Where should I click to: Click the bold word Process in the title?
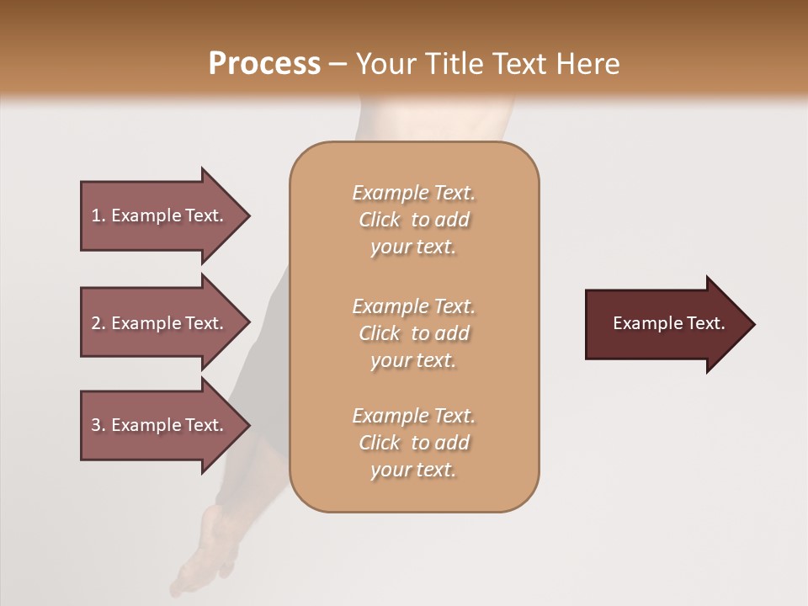click(264, 64)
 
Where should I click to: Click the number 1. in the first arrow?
click(98, 215)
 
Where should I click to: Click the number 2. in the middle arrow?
click(98, 323)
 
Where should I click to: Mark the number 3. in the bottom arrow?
click(98, 425)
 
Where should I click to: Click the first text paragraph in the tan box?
click(413, 220)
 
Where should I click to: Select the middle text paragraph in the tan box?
click(413, 333)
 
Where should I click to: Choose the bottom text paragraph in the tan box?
click(413, 443)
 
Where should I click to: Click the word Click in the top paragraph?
click(380, 220)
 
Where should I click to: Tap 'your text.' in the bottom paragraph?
click(413, 470)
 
